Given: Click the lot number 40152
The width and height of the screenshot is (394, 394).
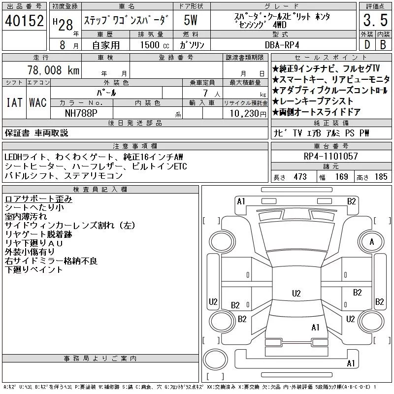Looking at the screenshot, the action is pyautogui.click(x=24, y=21).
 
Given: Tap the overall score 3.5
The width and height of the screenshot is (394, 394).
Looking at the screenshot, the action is pyautogui.click(x=375, y=20).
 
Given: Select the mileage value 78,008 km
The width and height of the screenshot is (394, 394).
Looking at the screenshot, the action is pyautogui.click(x=53, y=70).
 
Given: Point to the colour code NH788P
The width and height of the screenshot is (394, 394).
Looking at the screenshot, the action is pyautogui.click(x=81, y=113).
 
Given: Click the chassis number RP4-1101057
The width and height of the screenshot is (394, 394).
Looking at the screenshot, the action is pyautogui.click(x=330, y=156).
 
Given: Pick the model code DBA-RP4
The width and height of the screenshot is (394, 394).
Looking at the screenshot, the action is pyautogui.click(x=282, y=45).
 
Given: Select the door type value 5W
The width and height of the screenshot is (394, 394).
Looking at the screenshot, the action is pyautogui.click(x=191, y=20).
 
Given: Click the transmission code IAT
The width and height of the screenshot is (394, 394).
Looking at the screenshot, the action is pyautogui.click(x=14, y=102).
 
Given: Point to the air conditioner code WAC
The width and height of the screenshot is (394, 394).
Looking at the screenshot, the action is pyautogui.click(x=38, y=102).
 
